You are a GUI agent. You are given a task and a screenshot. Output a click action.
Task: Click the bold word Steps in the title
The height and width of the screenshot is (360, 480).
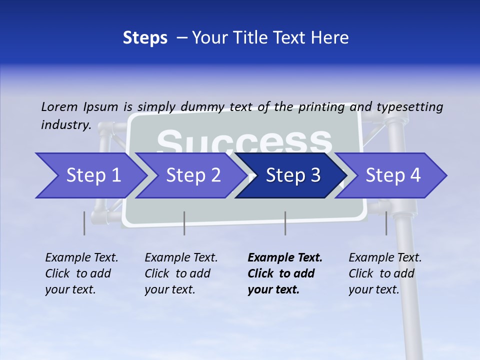(145, 38)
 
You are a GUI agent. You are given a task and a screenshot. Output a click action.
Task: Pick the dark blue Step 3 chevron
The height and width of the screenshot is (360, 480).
(293, 175)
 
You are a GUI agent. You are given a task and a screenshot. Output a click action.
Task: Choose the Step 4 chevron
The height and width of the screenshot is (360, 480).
(393, 175)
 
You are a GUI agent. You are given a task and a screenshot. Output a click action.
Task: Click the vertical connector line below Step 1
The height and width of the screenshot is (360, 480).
(84, 223)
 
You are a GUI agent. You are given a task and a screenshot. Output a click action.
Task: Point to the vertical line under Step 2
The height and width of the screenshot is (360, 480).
(184, 223)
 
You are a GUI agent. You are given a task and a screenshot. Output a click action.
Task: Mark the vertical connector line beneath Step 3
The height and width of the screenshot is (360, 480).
(285, 223)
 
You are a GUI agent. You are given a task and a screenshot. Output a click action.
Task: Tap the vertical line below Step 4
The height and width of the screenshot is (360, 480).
(386, 223)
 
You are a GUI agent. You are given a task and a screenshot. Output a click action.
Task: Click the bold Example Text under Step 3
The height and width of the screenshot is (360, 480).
(285, 273)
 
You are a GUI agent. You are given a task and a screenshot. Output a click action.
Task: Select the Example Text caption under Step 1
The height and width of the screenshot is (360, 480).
(81, 273)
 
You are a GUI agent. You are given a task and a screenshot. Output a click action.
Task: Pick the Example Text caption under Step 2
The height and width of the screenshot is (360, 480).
(181, 273)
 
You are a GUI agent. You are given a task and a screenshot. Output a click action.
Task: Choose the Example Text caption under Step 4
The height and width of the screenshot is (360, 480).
(385, 273)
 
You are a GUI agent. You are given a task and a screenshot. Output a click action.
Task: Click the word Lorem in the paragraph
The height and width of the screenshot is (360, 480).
(59, 107)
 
